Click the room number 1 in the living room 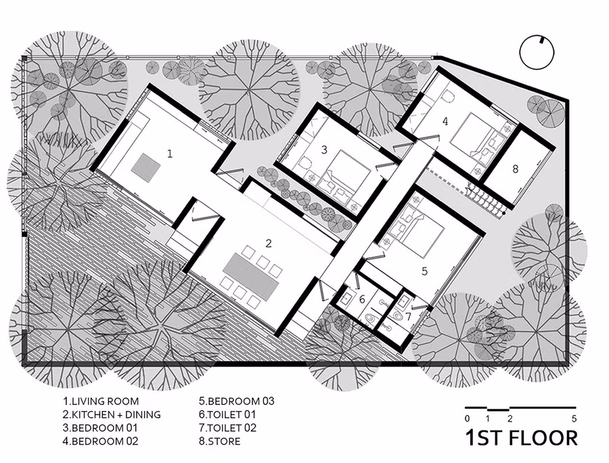click(170, 154)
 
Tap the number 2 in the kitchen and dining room click(269, 244)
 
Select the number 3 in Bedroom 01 click(324, 150)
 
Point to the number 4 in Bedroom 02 click(445, 121)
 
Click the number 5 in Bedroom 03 click(424, 271)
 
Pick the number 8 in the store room click(515, 169)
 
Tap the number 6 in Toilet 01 click(362, 299)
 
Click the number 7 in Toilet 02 click(408, 316)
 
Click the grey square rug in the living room click(145, 167)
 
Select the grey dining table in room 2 click(251, 278)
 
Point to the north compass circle click(537, 53)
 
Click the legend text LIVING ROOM click(105, 401)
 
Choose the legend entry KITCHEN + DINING click(116, 414)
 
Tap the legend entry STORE click(224, 441)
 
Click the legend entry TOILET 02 click(232, 428)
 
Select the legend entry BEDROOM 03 click(241, 401)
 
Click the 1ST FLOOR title click(522, 438)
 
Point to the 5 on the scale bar click(574, 419)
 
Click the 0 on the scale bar click(467, 419)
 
